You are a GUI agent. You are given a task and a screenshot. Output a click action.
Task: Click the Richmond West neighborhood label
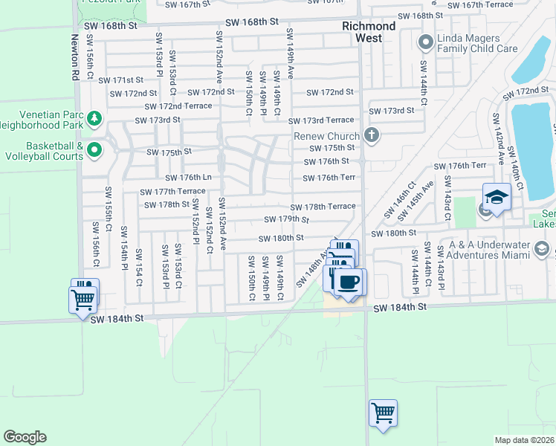coord(362,32)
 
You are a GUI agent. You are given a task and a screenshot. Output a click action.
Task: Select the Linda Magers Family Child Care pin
coord(426,42)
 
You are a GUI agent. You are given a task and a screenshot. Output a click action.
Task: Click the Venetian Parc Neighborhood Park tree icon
coord(94,118)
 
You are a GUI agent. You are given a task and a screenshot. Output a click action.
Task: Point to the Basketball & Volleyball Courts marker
coord(94,150)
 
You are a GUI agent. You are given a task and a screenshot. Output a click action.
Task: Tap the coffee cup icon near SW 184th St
coord(349,282)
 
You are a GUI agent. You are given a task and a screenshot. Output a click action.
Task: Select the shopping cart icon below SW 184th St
coord(383,411)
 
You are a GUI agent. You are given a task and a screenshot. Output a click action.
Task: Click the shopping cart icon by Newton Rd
coord(83,300)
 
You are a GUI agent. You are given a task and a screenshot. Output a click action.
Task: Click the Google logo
coord(25,437)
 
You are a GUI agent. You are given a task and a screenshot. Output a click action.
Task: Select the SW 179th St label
coord(286,219)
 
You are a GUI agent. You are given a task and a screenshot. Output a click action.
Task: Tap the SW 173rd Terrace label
coord(321,120)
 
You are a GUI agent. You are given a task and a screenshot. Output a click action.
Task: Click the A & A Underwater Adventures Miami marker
coord(541,248)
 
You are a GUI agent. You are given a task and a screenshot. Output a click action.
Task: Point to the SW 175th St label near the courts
coord(169,152)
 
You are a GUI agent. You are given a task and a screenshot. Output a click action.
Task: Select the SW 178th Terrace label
coord(323,207)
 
